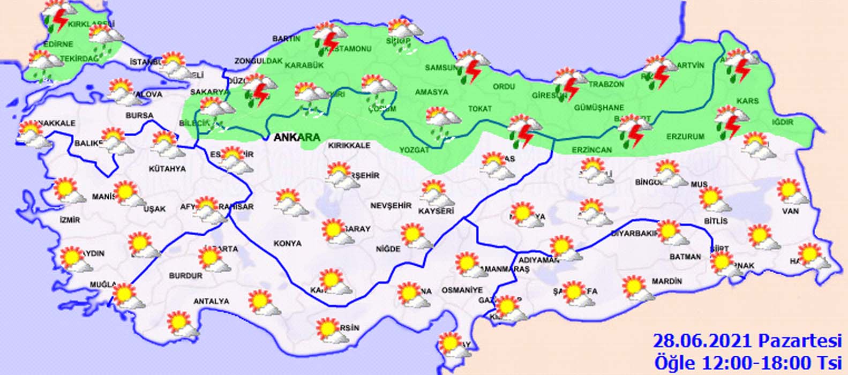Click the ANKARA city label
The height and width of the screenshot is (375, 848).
coord(296,137)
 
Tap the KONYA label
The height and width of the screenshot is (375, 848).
coord(288,243)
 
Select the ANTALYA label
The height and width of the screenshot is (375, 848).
coord(211,302)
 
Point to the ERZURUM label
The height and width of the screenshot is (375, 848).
coord(685,137)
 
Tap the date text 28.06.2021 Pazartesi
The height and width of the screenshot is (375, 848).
coord(748,341)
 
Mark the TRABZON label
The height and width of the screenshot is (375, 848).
coord(606,85)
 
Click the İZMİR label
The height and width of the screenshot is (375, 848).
coord(70,220)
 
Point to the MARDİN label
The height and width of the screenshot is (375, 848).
coord(667,281)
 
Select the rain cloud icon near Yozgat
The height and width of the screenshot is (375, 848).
coord(441,123)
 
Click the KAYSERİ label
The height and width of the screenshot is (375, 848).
coord(437,211)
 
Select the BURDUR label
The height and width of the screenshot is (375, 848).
coord(185,276)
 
